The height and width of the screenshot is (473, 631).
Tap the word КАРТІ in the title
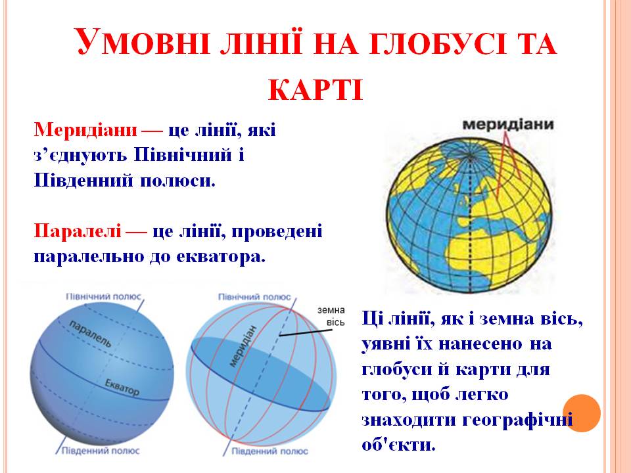[x=316, y=88]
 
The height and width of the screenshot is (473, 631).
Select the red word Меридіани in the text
[x=85, y=129]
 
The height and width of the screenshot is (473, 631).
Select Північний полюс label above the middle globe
[x=254, y=297]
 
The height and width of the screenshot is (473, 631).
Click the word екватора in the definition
[x=220, y=256]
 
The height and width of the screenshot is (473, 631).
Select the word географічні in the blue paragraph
[x=519, y=419]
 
